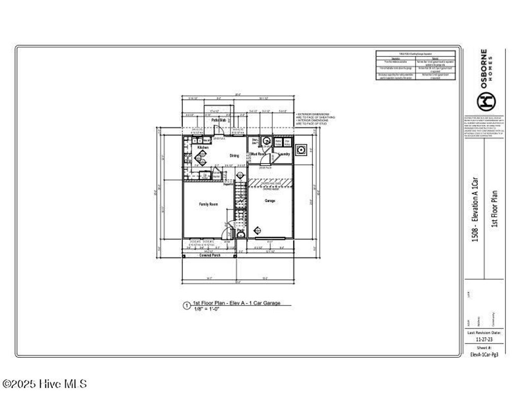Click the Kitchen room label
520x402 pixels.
pos(203,147)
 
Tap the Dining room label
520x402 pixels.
pos(234,156)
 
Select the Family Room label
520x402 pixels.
pos(208,204)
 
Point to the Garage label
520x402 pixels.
pos(270,201)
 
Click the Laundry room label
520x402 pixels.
pos(284,153)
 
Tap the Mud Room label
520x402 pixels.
pos(258,153)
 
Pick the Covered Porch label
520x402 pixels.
pos(208,255)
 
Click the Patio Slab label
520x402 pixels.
pos(219,120)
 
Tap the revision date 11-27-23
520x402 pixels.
pos(483,338)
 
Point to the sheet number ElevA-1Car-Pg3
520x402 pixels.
pos(483,354)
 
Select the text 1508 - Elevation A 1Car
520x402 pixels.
pos(475,208)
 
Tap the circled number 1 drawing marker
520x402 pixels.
pos(186,306)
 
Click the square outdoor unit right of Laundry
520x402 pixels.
pos(301,150)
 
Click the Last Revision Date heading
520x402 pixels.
pos(483,332)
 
